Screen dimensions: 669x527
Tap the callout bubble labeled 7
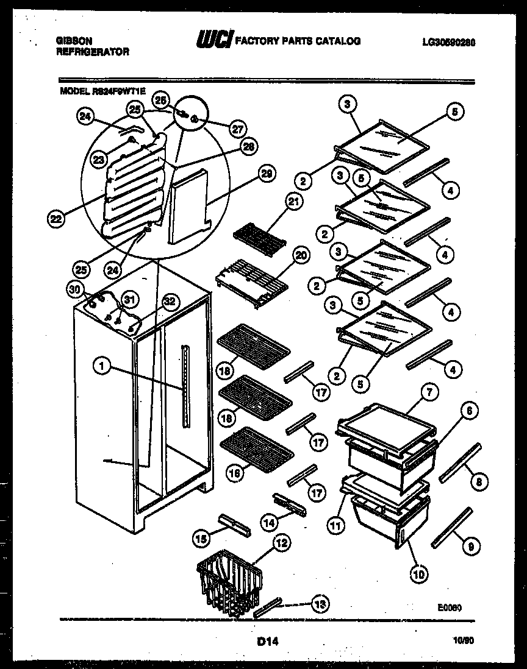429,393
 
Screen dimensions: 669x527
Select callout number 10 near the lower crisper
420,573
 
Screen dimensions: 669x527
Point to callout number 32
170,300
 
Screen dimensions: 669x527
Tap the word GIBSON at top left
74,41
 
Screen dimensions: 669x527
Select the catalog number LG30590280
448,42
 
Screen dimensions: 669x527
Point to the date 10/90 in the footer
465,641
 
